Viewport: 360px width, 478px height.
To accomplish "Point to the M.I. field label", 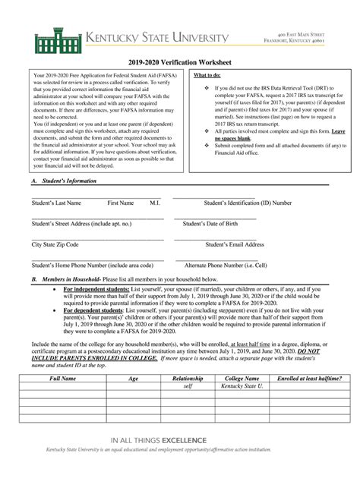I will [154, 203].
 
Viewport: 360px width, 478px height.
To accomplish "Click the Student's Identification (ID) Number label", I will [248, 203].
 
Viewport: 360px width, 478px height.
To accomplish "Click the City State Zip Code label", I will [55, 245].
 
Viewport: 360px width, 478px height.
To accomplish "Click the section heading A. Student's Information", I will [64, 181].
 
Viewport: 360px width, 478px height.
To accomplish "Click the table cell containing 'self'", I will [188, 385].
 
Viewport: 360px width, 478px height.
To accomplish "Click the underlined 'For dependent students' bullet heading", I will [96, 310].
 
